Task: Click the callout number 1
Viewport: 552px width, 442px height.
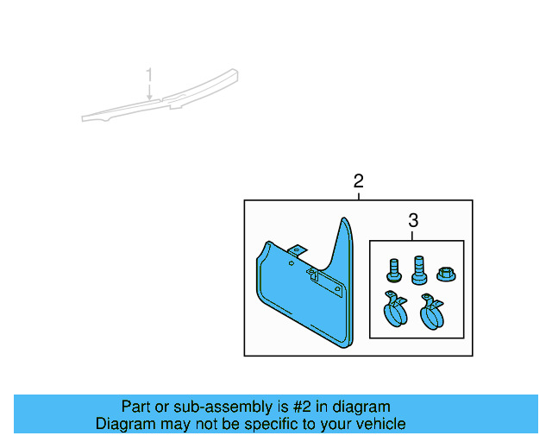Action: (149, 74)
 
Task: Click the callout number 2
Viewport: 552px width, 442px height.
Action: (358, 181)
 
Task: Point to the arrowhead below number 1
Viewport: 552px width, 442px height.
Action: (149, 98)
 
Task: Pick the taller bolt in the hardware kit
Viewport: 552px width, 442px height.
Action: (419, 269)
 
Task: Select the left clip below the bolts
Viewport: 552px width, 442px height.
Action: (396, 310)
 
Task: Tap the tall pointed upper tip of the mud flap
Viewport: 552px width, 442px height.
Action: (346, 226)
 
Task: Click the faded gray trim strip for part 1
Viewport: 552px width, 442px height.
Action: (160, 98)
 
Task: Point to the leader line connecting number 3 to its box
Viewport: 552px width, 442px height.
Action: (412, 235)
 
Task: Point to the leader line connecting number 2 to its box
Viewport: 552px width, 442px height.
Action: (358, 195)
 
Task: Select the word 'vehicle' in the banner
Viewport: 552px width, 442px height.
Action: (379, 424)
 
